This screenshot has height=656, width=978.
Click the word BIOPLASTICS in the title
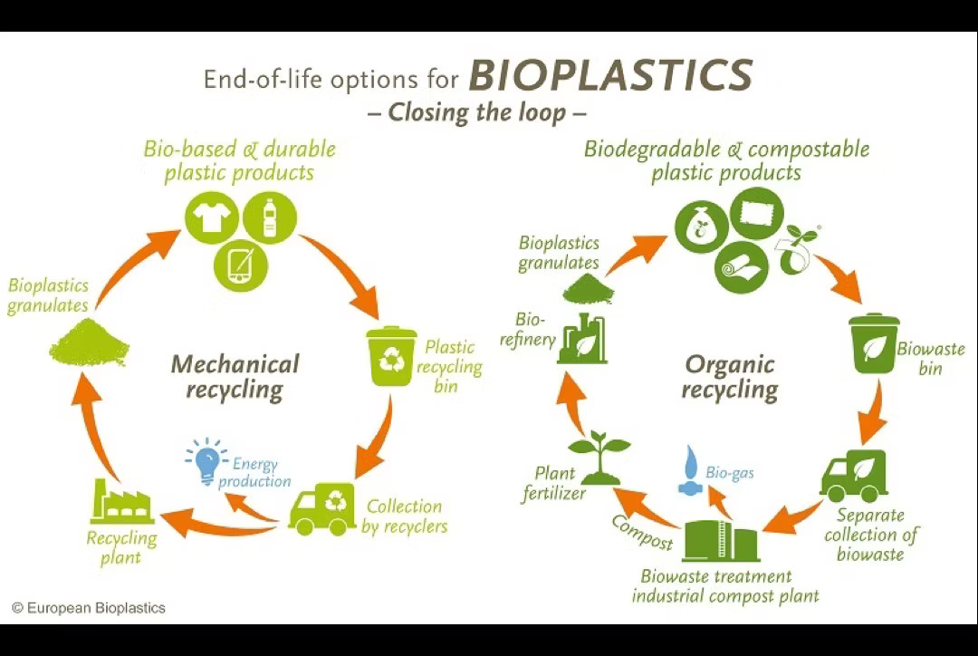610,76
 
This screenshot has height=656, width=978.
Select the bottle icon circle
268,217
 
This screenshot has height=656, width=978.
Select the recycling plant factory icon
121,502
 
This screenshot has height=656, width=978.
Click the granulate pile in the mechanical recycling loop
88,343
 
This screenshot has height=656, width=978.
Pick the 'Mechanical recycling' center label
235,377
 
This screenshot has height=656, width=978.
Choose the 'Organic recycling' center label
730,377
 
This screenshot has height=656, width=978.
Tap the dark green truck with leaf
853,476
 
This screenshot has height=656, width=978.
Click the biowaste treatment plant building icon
721,540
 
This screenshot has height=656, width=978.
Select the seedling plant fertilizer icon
598,458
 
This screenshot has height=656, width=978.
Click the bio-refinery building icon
581,338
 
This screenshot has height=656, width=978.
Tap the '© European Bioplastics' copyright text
89,608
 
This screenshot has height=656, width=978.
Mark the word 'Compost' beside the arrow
642,532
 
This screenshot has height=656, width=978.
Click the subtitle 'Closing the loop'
477,113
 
